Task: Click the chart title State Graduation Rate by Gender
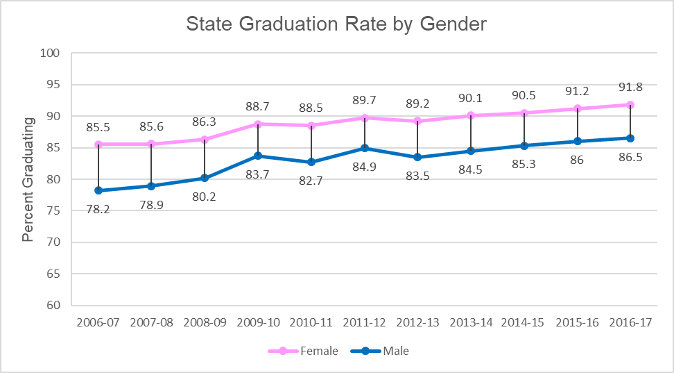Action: (336, 24)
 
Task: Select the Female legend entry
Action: (319, 351)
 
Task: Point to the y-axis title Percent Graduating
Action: (28, 179)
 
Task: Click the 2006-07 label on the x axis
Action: (98, 323)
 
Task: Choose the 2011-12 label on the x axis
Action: (365, 323)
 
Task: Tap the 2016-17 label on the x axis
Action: (630, 323)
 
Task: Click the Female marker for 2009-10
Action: (258, 124)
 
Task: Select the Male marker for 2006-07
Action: (98, 190)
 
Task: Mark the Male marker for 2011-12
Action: (365, 148)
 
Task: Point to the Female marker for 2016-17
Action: (630, 105)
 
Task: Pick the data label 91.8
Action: (630, 88)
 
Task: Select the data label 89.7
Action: (365, 101)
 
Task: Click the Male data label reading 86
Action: (577, 160)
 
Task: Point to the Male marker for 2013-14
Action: (471, 151)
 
